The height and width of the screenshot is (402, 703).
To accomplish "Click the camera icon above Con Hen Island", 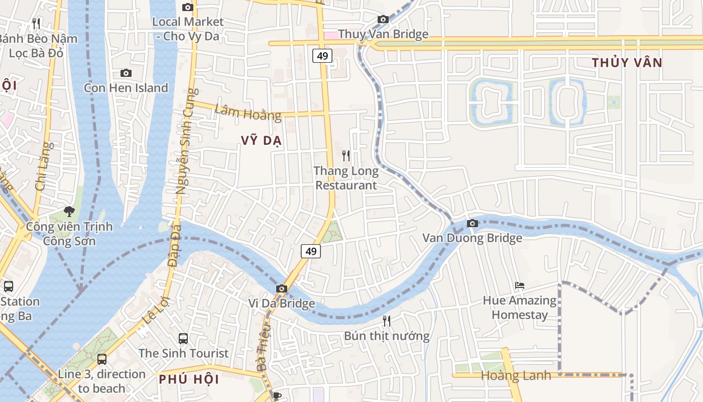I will point(126,73).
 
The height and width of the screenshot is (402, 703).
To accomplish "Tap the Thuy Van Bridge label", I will point(383,34).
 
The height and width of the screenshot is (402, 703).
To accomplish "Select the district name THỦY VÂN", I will point(627,63).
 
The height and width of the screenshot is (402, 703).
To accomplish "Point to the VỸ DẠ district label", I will point(261,141).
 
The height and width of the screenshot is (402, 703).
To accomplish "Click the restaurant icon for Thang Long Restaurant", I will point(346,156).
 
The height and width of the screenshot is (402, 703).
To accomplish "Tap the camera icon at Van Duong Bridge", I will point(472,223).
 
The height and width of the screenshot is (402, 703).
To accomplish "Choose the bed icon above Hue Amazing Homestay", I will point(520,285).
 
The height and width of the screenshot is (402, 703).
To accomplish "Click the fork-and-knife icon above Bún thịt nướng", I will point(387,321).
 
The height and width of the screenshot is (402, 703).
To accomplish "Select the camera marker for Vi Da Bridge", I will point(282,288).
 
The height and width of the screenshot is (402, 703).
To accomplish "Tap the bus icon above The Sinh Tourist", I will point(183,339).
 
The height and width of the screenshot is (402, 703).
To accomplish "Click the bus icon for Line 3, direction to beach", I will point(102,359).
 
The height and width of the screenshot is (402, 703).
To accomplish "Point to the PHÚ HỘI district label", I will point(189,379).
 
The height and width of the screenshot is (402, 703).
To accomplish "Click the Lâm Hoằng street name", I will point(248,113).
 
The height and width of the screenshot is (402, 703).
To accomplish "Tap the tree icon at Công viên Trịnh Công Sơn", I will point(69,212).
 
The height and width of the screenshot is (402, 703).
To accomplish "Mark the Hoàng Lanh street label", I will point(516,375).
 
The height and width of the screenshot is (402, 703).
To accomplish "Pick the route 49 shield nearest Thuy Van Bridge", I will point(322,56).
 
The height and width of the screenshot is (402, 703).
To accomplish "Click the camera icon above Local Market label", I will point(187,7).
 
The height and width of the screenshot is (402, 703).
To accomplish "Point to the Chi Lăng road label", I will point(44,166).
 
